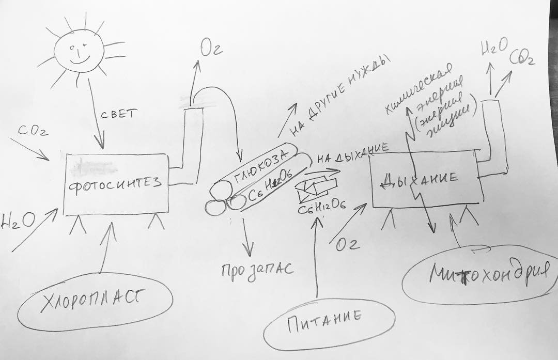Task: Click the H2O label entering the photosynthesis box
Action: pyautogui.click(x=18, y=221)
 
